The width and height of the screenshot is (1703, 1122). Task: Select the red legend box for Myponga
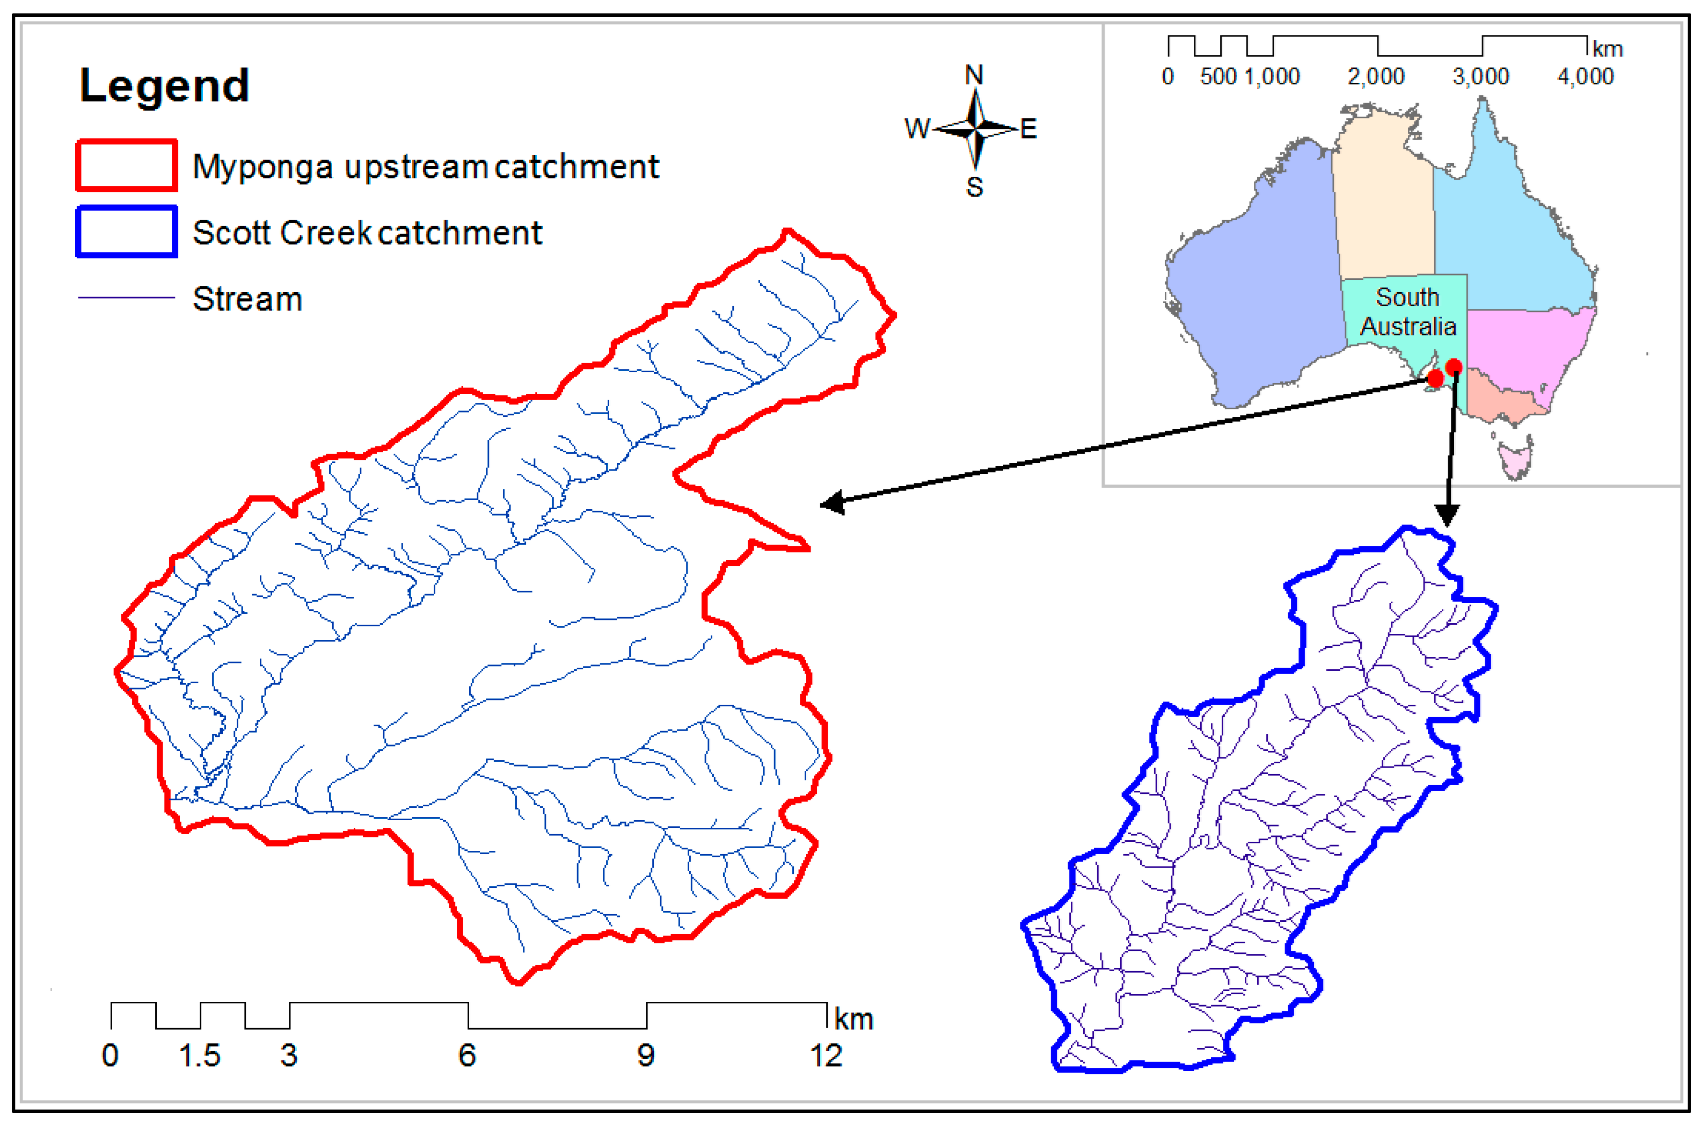click(x=126, y=165)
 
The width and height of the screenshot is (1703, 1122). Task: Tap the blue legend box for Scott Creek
click(x=126, y=231)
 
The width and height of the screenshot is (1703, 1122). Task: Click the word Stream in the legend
click(x=247, y=299)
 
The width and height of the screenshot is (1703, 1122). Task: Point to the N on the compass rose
click(x=974, y=74)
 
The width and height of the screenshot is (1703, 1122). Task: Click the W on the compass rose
click(x=916, y=129)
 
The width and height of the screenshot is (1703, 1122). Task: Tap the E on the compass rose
click(x=1028, y=129)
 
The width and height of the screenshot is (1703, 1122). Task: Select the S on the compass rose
click(x=974, y=187)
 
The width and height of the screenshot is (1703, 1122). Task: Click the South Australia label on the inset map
click(x=1407, y=312)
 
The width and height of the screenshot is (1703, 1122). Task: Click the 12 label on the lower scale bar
click(x=825, y=1055)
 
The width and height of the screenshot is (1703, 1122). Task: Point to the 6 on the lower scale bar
click(x=467, y=1055)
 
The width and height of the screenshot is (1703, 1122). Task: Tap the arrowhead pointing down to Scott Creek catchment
click(x=1447, y=515)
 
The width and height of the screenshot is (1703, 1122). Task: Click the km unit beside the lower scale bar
click(x=853, y=1019)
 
